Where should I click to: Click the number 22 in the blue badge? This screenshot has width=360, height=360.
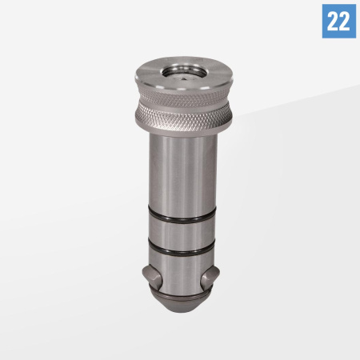[338, 21]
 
